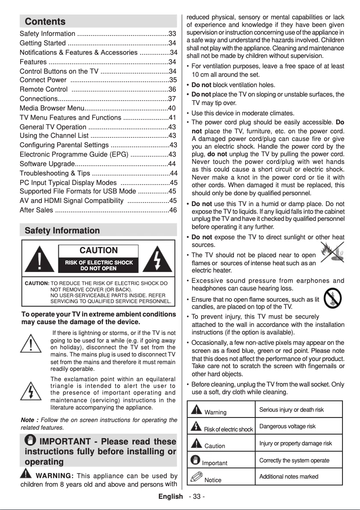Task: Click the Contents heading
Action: coord(45,22)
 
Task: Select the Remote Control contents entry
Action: coord(44,89)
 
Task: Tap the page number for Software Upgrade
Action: coord(171,164)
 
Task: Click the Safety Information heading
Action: coord(62,231)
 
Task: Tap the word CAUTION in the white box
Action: coord(98,251)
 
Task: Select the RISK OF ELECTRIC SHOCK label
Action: coord(98,263)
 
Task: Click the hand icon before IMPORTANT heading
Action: coord(32,442)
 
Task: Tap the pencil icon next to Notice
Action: coord(196,477)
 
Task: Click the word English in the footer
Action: coord(171,497)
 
